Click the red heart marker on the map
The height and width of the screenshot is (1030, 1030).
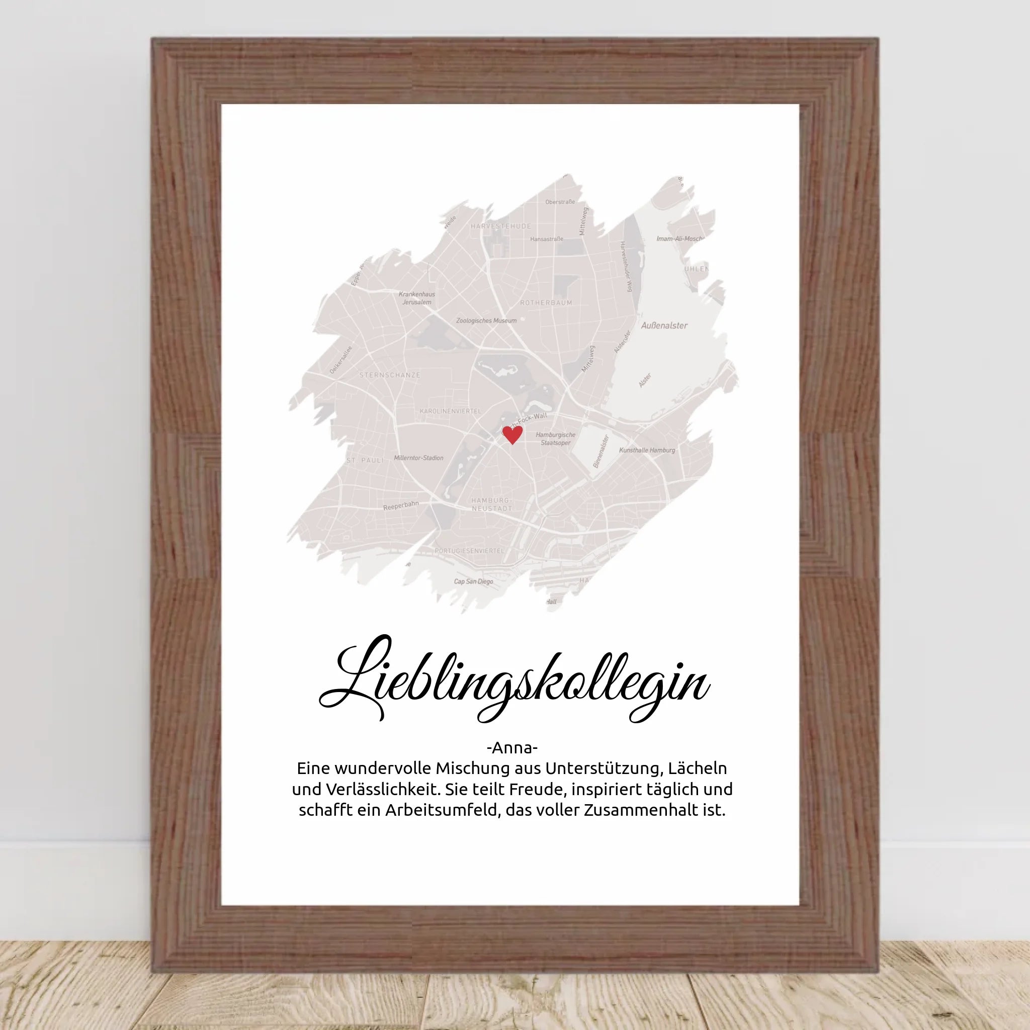click(x=512, y=435)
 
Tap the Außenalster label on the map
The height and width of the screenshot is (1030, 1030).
click(x=664, y=325)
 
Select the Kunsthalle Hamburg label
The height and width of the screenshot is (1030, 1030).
click(x=647, y=451)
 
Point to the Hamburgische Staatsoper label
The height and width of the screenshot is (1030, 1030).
click(x=556, y=439)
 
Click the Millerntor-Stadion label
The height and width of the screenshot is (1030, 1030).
click(x=418, y=458)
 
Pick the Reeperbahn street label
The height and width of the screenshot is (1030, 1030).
click(x=401, y=505)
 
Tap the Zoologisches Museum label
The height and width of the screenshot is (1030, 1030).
click(x=486, y=321)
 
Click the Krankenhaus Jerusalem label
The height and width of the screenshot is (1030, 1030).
click(x=417, y=298)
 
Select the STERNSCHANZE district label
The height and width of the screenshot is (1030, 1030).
click(x=390, y=375)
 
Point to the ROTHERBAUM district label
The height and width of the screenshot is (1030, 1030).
click(x=546, y=303)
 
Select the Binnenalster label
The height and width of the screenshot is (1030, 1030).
click(x=601, y=452)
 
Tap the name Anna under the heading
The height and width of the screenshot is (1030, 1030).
click(x=512, y=748)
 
